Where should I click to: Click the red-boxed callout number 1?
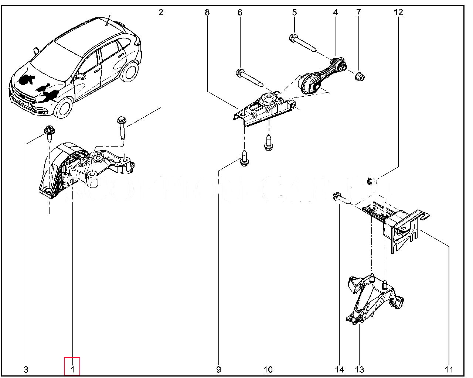click(72, 369)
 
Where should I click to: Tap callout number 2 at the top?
click(160, 12)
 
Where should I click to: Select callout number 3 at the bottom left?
click(26, 369)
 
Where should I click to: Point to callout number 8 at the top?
click(207, 12)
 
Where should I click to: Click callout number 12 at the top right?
click(398, 12)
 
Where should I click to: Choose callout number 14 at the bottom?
click(340, 369)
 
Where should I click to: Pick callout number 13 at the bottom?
click(359, 369)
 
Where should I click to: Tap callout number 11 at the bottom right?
click(449, 369)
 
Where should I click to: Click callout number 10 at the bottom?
click(268, 369)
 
